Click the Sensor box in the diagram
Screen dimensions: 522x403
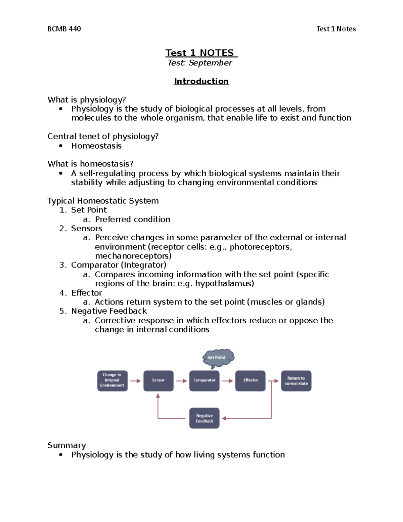tap(158, 380)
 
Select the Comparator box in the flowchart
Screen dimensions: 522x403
tap(204, 380)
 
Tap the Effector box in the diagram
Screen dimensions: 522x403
tap(250, 380)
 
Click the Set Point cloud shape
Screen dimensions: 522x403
tap(217, 358)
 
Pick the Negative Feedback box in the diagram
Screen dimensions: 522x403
tap(204, 418)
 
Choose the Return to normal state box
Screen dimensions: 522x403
tap(296, 380)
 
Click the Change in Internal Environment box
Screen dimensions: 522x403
tap(112, 380)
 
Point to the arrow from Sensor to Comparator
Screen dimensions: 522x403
tap(181, 381)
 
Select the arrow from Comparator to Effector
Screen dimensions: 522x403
tap(227, 381)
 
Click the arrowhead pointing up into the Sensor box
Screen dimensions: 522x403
tap(158, 396)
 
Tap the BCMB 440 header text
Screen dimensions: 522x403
tap(64, 29)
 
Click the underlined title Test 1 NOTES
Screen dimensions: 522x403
tap(201, 53)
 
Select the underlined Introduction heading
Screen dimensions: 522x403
tap(201, 81)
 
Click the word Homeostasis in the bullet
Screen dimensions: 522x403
tap(96, 146)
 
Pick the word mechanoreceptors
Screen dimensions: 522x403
tap(133, 256)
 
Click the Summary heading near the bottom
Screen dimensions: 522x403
tap(66, 445)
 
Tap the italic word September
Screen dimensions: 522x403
tap(210, 63)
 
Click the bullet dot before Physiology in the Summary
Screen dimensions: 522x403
tap(61, 455)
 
